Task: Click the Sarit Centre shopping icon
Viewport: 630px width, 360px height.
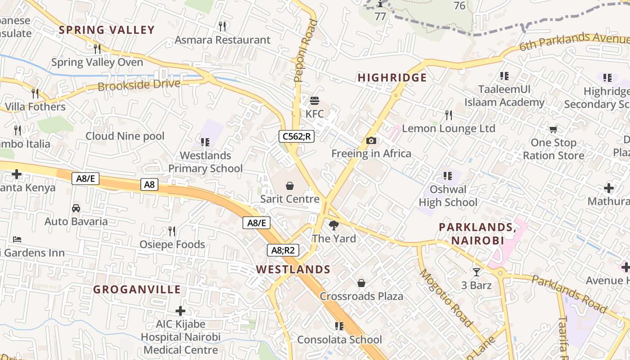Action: tap(290, 185)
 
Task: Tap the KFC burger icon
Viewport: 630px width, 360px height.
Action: tap(315, 100)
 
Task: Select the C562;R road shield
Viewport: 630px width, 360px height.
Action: tap(296, 136)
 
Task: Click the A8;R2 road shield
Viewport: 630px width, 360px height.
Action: tap(283, 250)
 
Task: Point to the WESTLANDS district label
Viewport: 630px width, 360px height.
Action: tap(293, 270)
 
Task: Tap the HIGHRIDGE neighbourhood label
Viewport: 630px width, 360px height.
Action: tap(392, 78)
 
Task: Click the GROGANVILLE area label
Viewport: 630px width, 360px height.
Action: tap(137, 289)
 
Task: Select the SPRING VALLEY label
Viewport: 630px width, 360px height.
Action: tap(107, 30)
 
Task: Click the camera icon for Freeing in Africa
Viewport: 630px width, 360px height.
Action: tap(371, 140)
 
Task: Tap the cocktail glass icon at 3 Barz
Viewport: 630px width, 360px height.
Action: tap(476, 272)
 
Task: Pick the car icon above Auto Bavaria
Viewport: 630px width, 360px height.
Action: tap(76, 208)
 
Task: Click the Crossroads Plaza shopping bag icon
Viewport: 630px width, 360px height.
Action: tap(361, 283)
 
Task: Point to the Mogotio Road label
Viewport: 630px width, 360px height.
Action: tap(446, 298)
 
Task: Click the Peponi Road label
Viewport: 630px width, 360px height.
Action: tap(306, 50)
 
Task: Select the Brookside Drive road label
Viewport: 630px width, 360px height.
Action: tap(139, 85)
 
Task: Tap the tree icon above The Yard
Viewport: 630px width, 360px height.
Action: tap(333, 225)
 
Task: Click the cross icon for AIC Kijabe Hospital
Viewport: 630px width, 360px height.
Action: tap(180, 310)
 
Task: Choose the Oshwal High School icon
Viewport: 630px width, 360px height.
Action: tap(447, 175)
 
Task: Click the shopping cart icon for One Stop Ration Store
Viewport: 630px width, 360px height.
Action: tap(553, 130)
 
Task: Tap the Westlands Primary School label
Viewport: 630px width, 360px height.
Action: tap(205, 162)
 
